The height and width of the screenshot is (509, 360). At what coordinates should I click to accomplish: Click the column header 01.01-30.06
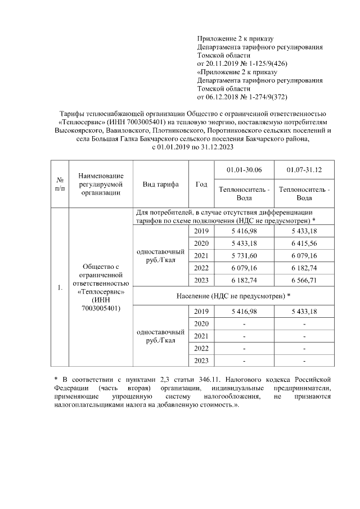[244, 170]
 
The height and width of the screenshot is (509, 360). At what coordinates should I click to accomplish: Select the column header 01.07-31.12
[304, 170]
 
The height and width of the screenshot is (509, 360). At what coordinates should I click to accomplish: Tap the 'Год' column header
[201, 184]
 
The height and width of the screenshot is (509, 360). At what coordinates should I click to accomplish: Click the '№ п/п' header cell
[60, 184]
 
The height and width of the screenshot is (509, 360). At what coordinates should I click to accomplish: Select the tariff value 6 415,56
[304, 243]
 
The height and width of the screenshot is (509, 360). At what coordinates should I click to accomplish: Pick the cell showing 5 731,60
[244, 255]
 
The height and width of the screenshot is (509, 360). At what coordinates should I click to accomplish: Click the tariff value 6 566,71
[304, 280]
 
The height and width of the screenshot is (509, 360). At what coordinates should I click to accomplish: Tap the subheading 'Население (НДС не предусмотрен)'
[232, 295]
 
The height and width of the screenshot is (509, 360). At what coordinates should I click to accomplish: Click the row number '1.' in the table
[60, 289]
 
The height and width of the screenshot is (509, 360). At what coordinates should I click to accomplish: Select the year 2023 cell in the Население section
[201, 361]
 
